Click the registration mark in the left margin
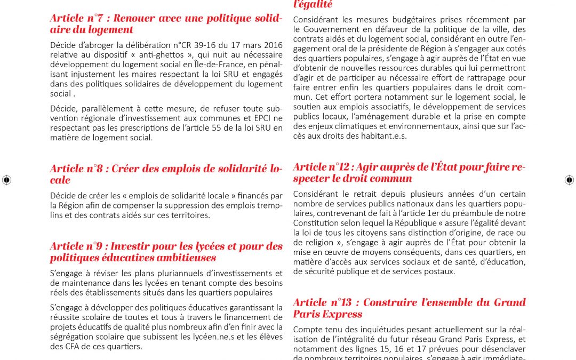6,180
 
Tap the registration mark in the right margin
569,180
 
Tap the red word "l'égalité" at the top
313,5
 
